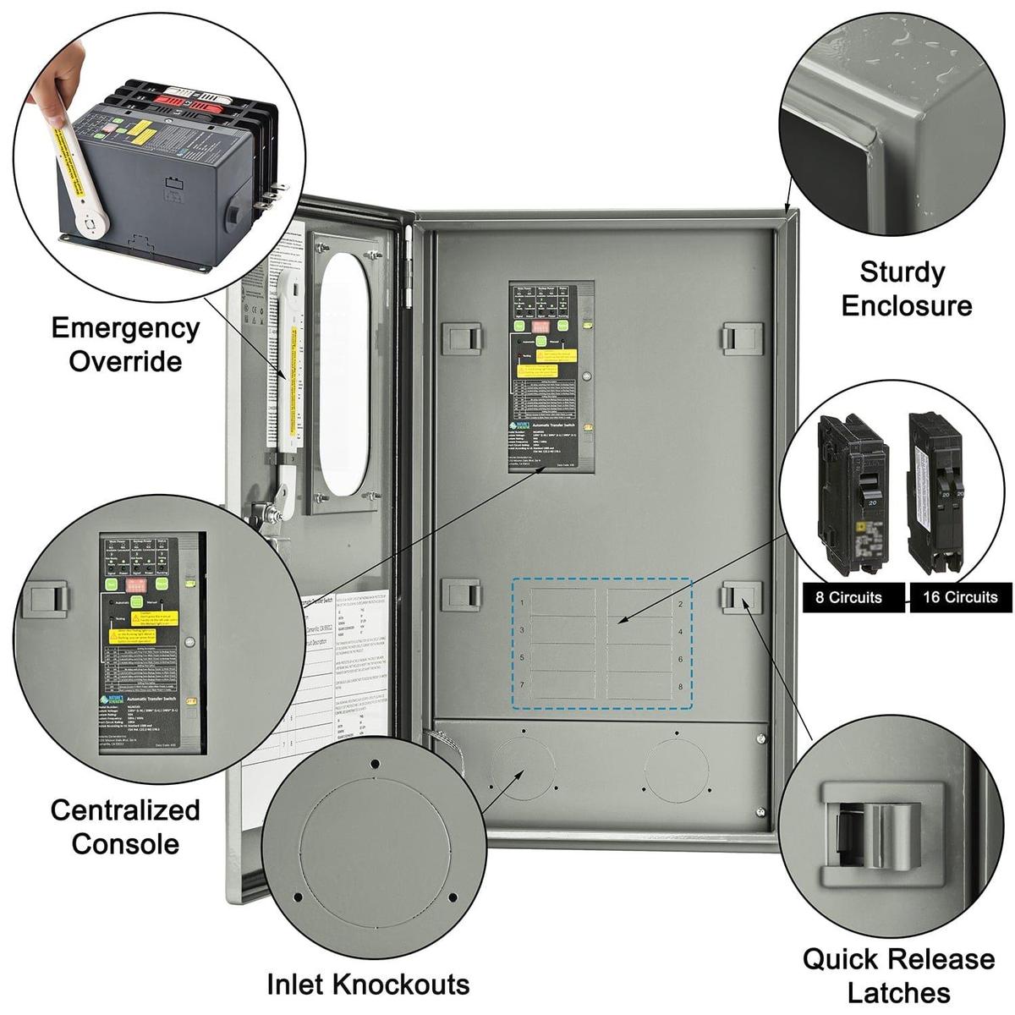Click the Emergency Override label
(125, 344)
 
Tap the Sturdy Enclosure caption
(906, 288)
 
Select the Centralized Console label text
(125, 826)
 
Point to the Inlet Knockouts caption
(368, 984)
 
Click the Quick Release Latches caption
(898, 975)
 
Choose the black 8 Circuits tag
(848, 597)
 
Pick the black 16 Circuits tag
(960, 597)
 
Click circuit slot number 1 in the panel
(522, 604)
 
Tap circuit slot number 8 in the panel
(680, 686)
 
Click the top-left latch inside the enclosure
(463, 338)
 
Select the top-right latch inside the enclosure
(742, 338)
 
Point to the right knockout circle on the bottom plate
(676, 770)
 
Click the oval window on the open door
(344, 374)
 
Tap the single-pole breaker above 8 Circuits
(851, 485)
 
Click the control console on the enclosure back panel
(551, 376)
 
